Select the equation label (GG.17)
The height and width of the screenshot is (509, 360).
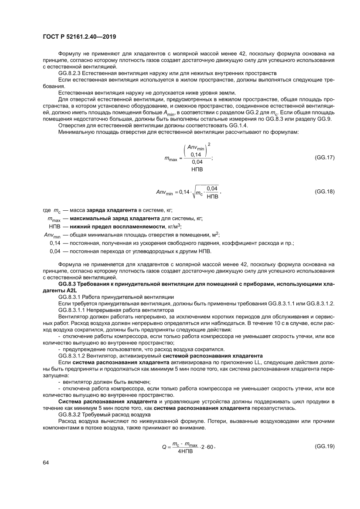coord(324,157)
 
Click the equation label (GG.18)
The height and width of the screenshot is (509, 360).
coord(324,191)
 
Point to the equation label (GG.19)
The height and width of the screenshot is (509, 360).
coord(324,446)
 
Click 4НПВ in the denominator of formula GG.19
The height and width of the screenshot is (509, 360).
coord(185,451)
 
